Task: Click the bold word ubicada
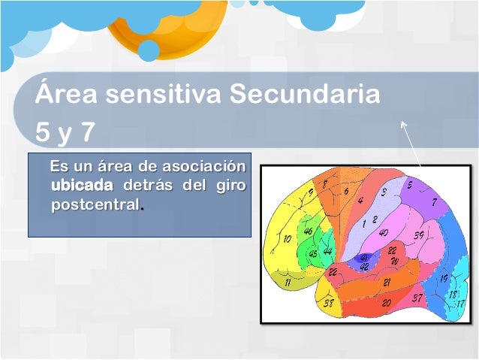tap(82, 185)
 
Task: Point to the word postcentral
tap(95, 204)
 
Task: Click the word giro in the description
tap(230, 185)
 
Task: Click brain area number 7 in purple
tap(434, 202)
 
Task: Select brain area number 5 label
tap(409, 185)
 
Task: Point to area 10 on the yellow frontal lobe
tap(287, 239)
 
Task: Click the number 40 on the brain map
tap(383, 232)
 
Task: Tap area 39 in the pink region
tap(419, 236)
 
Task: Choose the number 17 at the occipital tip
tap(460, 304)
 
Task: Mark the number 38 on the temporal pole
tap(328, 304)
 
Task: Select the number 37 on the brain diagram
tap(417, 298)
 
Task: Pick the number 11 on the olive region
tap(288, 283)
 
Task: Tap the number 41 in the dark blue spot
tap(364, 257)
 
